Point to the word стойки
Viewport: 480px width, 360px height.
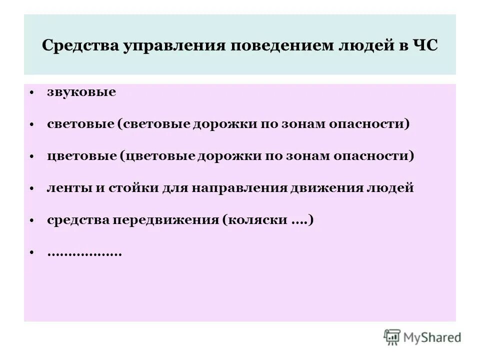pos(136,188)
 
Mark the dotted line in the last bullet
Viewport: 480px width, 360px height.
pos(84,253)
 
